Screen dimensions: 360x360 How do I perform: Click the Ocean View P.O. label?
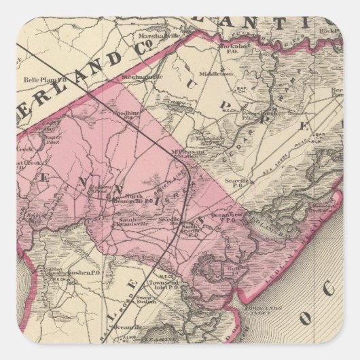[227, 216]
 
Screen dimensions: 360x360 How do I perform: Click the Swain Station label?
[160, 300]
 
